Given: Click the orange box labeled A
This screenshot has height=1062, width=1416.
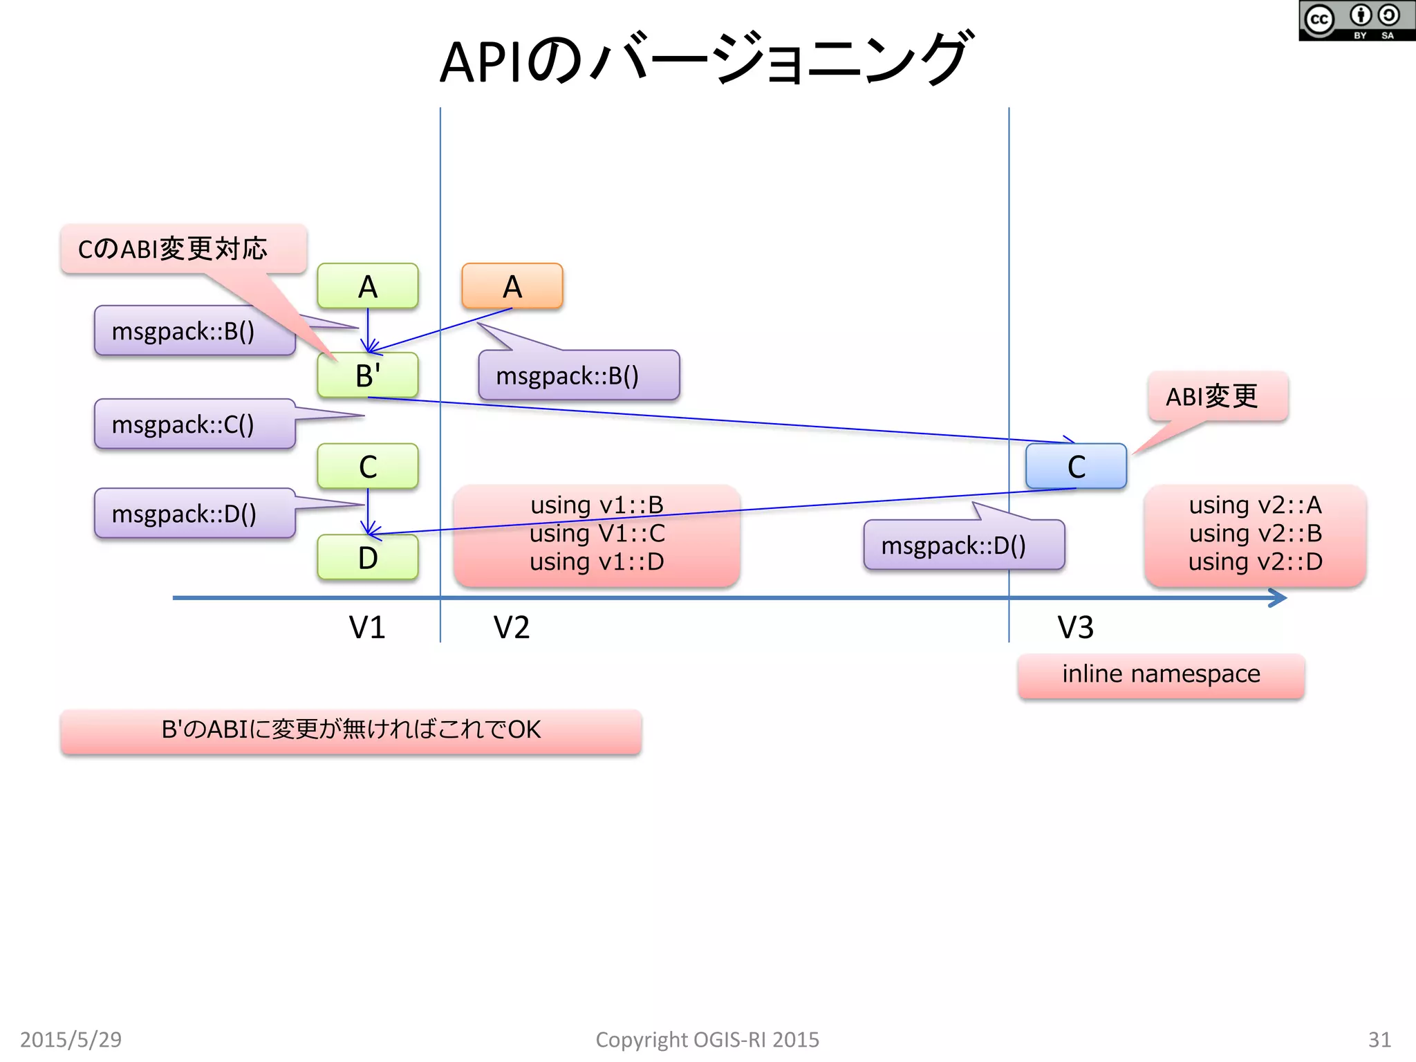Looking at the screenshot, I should (x=512, y=286).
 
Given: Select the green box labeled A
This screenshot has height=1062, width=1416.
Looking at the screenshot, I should (x=367, y=286).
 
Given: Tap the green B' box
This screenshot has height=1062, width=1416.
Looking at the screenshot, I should (x=367, y=375).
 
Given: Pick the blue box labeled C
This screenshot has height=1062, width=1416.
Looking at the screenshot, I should (x=1076, y=467).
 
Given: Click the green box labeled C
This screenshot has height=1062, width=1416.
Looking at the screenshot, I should (x=367, y=467).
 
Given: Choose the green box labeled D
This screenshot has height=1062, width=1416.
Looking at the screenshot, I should (x=367, y=557).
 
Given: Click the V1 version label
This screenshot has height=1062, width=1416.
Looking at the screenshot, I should (x=366, y=627).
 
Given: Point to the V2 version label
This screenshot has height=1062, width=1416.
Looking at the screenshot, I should (x=512, y=627).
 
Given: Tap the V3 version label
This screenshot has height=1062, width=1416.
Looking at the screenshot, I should (x=1075, y=627).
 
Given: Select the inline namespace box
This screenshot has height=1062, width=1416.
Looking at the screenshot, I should (x=1161, y=675).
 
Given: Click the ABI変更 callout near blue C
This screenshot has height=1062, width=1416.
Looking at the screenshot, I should (x=1217, y=397).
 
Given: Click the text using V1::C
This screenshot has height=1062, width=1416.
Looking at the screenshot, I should (x=597, y=533).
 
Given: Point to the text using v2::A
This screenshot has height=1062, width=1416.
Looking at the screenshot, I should (x=1255, y=505).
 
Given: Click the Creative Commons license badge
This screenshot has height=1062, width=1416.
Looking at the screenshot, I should (x=1356, y=21).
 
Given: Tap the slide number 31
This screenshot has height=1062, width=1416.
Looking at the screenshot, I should (x=1379, y=1039).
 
